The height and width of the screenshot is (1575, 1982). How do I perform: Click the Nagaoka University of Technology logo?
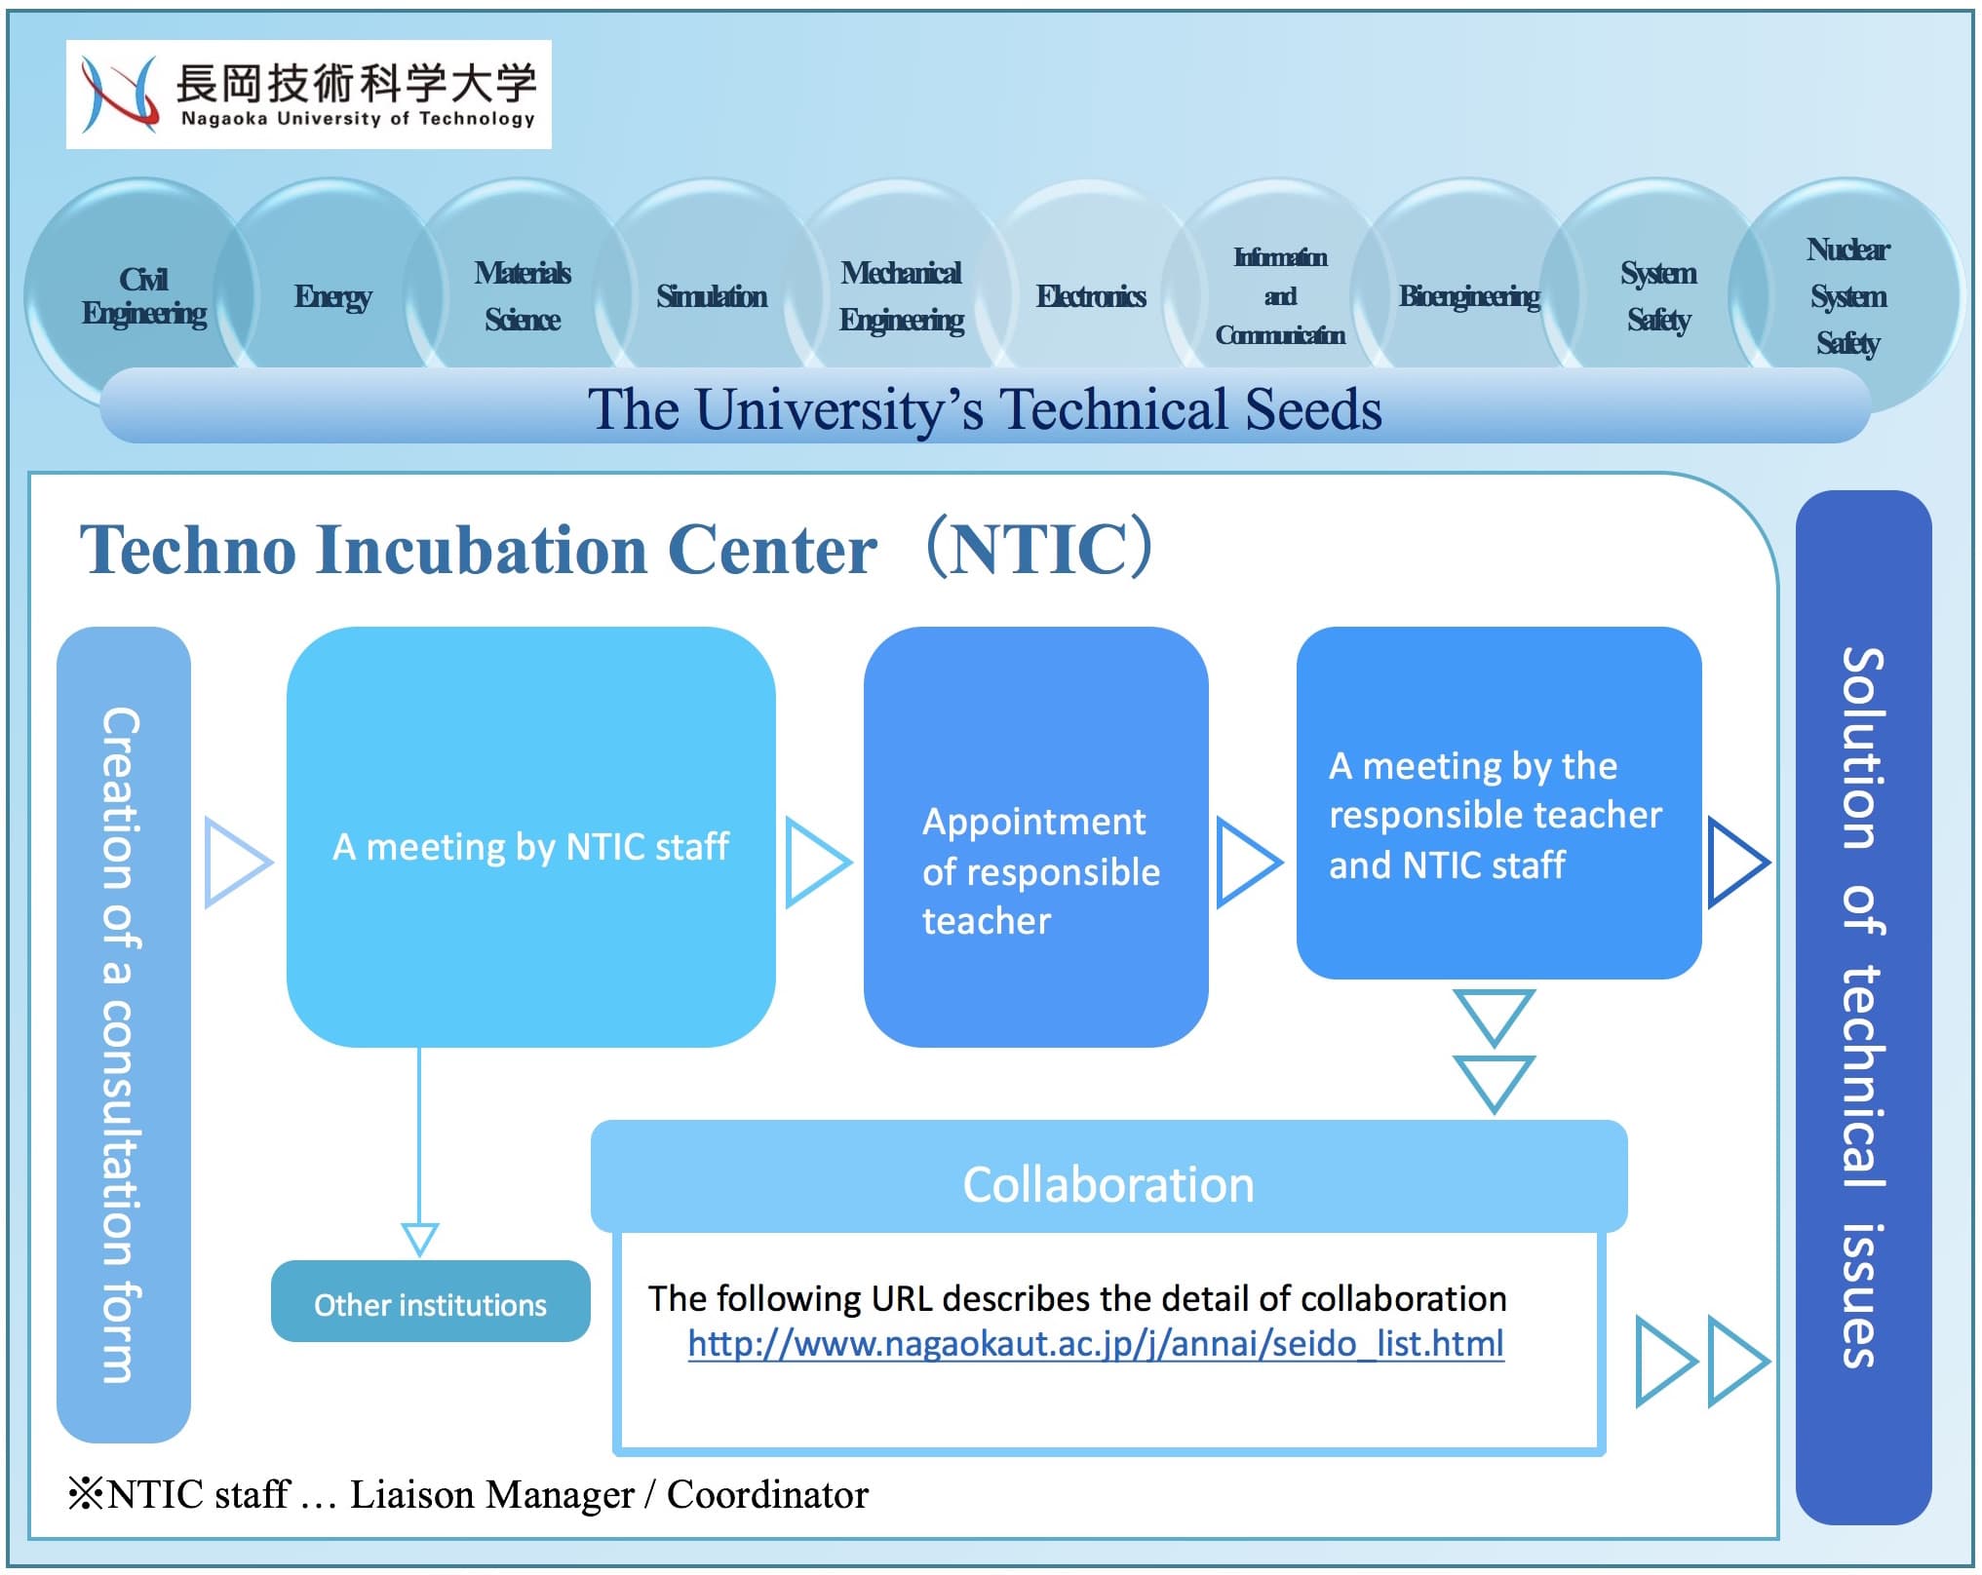click(x=308, y=95)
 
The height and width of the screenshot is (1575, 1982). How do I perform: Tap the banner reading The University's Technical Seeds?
click(x=985, y=406)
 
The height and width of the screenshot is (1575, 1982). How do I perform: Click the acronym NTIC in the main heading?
click(x=1039, y=550)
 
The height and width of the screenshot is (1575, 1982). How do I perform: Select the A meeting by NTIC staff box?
click(x=531, y=836)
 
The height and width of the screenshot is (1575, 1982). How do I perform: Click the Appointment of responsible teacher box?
click(x=1036, y=836)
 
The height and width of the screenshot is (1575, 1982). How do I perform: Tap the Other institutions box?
click(x=431, y=1301)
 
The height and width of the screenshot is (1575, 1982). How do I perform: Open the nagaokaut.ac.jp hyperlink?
click(x=1096, y=1344)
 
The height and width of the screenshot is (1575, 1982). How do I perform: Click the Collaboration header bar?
click(x=1109, y=1176)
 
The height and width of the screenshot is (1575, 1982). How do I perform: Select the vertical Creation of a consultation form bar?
click(x=124, y=1034)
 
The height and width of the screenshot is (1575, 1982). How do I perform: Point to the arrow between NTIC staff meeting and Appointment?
click(x=817, y=863)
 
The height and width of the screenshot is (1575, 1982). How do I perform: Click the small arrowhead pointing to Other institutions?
click(x=420, y=1239)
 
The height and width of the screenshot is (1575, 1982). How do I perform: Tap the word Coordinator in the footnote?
click(x=767, y=1494)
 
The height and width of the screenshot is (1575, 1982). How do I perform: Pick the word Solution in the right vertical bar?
click(x=1862, y=748)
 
